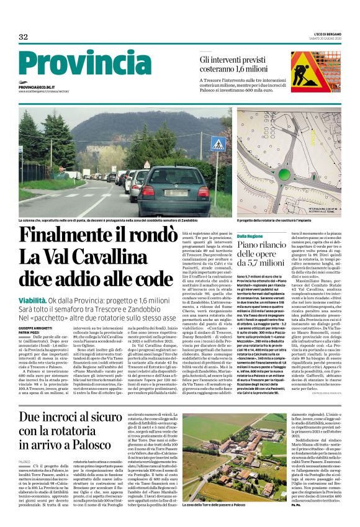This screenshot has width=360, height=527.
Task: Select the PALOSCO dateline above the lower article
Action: coord(24,444)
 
